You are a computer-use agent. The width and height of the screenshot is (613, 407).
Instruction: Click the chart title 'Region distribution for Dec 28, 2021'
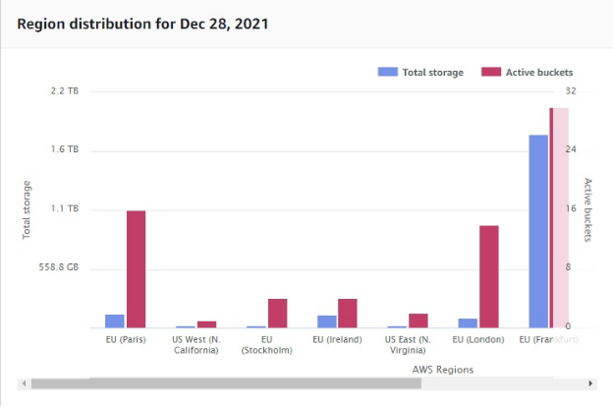click(x=142, y=23)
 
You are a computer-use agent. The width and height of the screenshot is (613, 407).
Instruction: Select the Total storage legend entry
click(x=420, y=72)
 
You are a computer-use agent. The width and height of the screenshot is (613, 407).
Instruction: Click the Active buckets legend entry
click(x=527, y=72)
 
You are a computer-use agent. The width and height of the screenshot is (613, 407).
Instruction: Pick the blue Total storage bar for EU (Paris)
click(x=115, y=320)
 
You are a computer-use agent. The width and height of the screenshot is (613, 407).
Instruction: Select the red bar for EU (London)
click(x=488, y=276)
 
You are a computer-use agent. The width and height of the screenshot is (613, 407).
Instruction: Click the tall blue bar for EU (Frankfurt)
click(x=538, y=231)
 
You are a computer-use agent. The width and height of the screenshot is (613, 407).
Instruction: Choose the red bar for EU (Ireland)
click(x=348, y=313)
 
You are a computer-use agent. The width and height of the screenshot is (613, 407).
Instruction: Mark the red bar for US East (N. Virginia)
click(x=418, y=320)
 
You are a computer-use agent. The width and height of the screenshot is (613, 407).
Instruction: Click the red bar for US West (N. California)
click(x=206, y=323)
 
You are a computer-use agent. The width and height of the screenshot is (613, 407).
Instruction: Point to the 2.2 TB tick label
click(x=66, y=91)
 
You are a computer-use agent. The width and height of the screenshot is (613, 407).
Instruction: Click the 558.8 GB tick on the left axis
click(x=59, y=267)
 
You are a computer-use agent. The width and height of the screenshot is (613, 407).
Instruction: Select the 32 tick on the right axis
click(x=571, y=91)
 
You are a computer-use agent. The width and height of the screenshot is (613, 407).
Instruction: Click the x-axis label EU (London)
click(x=478, y=340)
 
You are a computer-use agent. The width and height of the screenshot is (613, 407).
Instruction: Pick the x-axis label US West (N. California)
click(x=195, y=345)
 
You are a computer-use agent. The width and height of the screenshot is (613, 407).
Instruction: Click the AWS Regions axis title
click(x=442, y=370)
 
